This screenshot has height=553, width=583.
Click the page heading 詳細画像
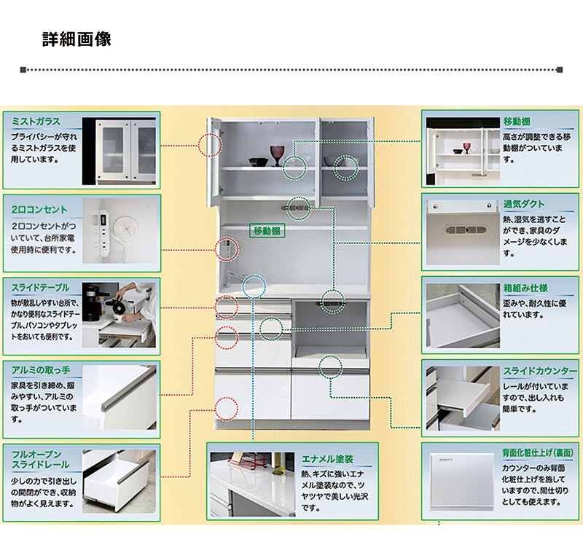76,39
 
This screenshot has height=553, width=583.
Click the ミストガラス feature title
36,121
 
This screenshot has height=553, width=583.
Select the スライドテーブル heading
41,286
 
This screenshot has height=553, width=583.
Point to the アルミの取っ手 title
41,369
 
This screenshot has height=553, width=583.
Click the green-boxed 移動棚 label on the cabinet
267,230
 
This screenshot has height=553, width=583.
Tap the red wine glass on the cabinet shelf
277,154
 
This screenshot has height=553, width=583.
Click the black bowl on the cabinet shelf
257,162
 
